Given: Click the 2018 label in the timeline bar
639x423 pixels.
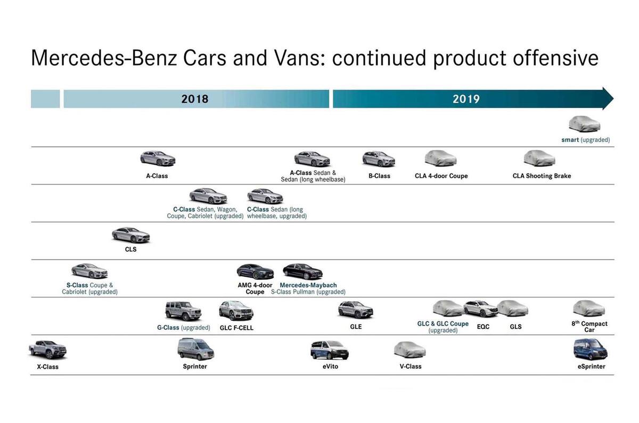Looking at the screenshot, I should [x=194, y=99].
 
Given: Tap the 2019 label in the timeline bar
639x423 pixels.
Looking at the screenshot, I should [x=466, y=99].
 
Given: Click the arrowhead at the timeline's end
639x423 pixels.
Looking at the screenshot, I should [x=608, y=98].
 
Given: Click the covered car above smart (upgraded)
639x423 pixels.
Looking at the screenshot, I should [x=584, y=124].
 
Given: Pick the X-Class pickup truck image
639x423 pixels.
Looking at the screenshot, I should [x=48, y=350].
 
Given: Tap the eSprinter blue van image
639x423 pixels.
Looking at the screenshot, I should [x=590, y=350].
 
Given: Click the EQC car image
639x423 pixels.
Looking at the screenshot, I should [x=480, y=309].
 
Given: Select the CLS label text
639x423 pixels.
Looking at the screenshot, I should [x=130, y=249].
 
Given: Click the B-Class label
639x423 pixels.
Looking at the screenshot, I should [x=379, y=176].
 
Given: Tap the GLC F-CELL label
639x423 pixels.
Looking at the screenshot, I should [x=236, y=328].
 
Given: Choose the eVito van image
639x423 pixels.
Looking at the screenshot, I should [x=330, y=350].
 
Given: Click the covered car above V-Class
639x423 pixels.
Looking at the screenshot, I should [x=409, y=350].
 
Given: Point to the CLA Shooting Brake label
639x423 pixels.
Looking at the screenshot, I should [x=542, y=176].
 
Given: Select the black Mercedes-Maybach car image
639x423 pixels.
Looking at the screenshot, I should [x=302, y=271].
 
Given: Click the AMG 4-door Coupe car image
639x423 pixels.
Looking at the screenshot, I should [x=255, y=271].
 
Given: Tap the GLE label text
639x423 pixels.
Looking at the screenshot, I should [x=356, y=327].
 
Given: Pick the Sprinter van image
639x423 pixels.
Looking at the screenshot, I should [x=195, y=349].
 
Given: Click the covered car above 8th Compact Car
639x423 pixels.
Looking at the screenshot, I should [x=589, y=308].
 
